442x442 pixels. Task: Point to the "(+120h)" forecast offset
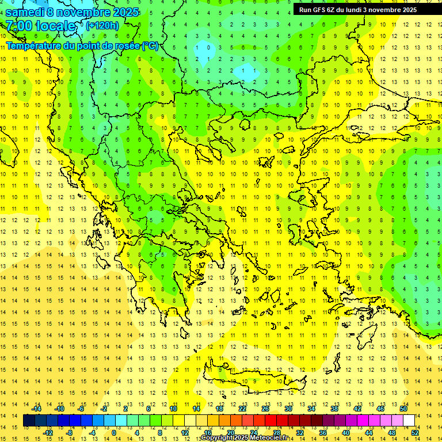[x=102, y=25]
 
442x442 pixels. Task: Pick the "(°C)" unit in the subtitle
[x=150, y=45]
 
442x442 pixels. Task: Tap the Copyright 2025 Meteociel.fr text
[x=244, y=438]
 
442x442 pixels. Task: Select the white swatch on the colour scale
[x=409, y=421]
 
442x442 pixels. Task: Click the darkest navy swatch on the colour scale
[x=29, y=421]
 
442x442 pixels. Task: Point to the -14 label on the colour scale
[x=36, y=409]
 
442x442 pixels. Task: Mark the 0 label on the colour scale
[x=114, y=433]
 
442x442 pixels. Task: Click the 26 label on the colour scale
[x=265, y=409]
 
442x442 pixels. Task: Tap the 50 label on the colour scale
[x=403, y=409]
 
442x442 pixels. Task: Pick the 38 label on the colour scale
[x=334, y=409]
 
